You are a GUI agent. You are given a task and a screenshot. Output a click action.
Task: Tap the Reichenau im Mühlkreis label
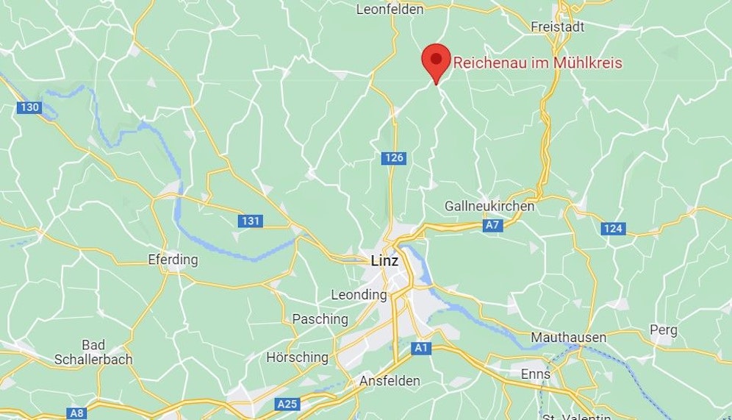click(537, 63)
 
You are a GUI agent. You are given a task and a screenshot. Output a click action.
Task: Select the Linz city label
click(384, 261)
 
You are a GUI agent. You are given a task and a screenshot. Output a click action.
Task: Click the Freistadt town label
click(557, 27)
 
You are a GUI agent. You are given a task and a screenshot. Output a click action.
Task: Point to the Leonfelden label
click(390, 10)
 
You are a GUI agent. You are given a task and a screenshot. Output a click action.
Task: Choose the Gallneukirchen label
click(489, 206)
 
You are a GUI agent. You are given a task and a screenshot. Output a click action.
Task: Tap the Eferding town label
click(173, 260)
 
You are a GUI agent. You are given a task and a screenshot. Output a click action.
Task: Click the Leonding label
click(359, 295)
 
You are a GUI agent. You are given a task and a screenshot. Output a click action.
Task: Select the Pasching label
click(320, 319)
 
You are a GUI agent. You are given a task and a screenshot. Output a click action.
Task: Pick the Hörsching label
click(297, 357)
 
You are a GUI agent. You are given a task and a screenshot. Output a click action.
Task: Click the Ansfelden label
click(390, 381)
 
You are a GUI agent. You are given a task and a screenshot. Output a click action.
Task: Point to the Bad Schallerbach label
click(93, 352)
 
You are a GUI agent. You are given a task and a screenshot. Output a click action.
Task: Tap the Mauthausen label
click(569, 338)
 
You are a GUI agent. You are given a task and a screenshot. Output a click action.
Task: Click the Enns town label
click(535, 374)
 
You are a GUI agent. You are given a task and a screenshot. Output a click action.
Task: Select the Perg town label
click(664, 330)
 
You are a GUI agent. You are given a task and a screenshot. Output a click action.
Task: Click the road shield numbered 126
click(394, 158)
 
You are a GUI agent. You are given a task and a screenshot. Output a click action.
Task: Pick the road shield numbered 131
click(250, 221)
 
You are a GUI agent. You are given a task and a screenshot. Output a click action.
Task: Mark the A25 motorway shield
click(287, 404)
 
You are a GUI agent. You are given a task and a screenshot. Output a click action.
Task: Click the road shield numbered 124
click(612, 229)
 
